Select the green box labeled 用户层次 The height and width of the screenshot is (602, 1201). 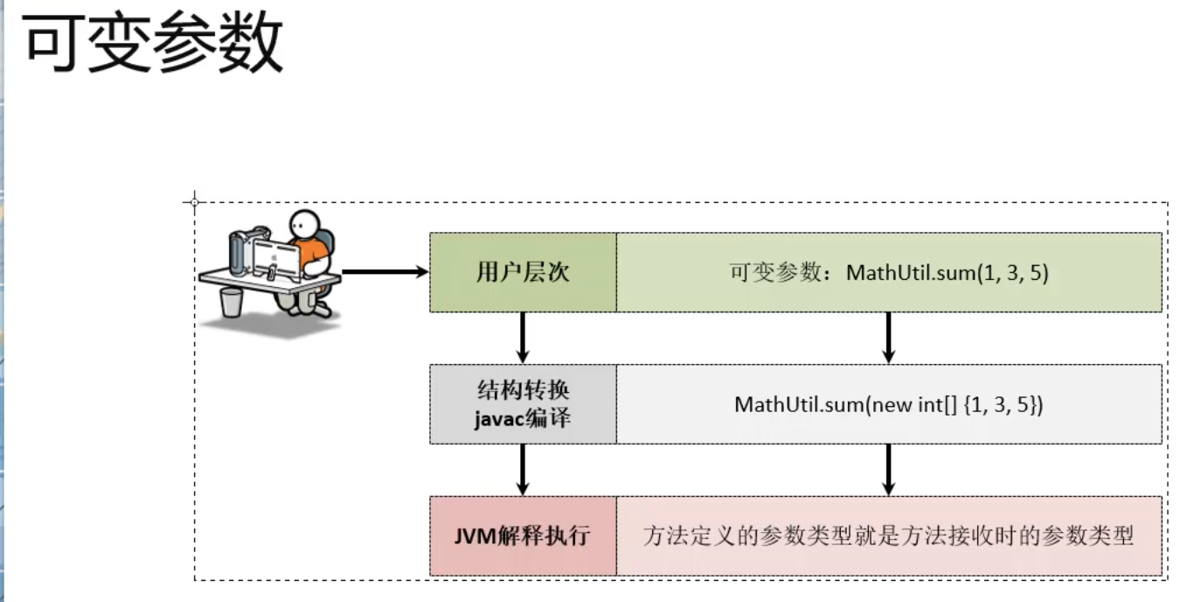(x=523, y=272)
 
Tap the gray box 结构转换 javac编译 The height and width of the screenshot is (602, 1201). (x=523, y=404)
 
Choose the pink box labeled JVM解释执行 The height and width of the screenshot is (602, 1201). (x=523, y=535)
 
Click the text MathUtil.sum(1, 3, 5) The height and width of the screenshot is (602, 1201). (x=947, y=273)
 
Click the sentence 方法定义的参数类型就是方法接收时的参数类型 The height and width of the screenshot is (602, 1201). (x=888, y=535)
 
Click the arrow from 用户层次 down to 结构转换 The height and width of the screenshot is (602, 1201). (x=523, y=337)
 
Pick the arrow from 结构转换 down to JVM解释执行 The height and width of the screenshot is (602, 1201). (x=523, y=469)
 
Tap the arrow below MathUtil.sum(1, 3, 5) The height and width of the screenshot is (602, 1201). (x=888, y=337)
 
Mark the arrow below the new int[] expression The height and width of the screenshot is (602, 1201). (x=888, y=469)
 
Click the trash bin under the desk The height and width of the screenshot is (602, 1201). (x=231, y=302)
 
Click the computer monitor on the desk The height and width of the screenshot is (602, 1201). (x=274, y=257)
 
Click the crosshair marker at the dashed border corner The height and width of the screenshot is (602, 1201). (x=194, y=202)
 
